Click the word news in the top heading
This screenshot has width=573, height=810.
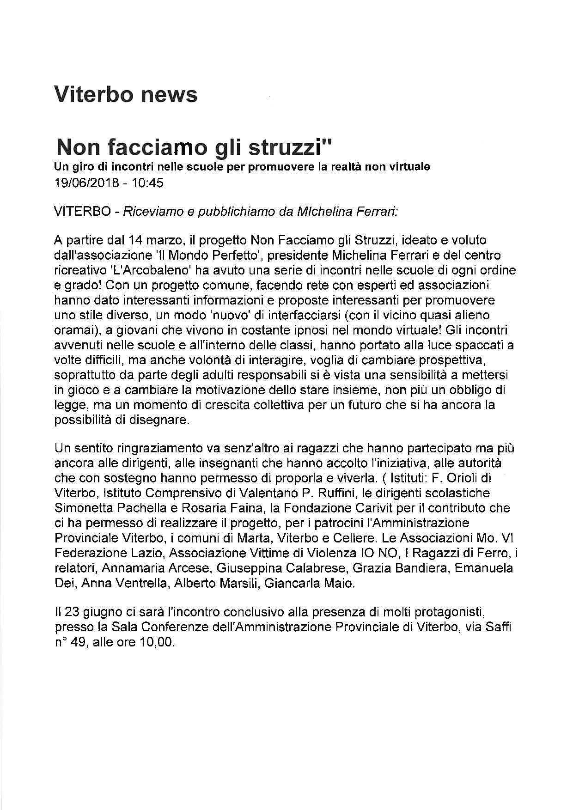pos(169,94)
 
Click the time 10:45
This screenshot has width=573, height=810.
pos(148,183)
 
